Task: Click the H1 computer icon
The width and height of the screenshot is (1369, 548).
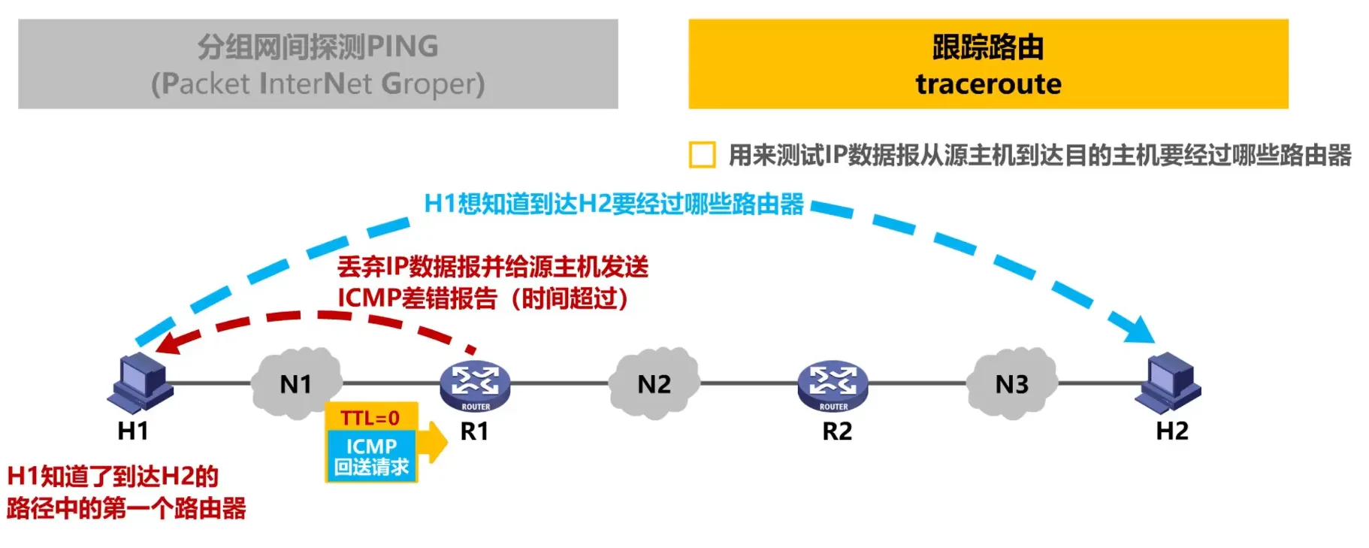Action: [140, 383]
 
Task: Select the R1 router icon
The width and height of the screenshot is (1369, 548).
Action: [475, 386]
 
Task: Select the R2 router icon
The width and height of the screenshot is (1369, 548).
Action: [833, 386]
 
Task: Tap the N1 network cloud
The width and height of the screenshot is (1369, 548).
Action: [296, 383]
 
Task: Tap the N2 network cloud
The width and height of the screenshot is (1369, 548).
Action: [654, 383]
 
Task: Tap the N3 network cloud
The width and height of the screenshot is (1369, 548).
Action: [1011, 383]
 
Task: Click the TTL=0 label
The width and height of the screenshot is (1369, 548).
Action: [370, 418]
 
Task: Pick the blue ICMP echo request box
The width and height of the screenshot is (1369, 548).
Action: [371, 456]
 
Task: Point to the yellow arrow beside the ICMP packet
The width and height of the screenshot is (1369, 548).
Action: [434, 442]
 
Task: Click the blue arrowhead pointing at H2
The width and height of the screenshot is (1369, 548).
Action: [1139, 330]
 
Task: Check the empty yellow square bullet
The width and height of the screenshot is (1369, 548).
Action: [702, 155]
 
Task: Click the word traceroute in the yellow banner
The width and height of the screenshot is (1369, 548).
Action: [988, 83]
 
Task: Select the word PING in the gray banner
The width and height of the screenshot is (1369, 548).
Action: [403, 47]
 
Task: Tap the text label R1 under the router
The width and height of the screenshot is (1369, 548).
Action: [474, 431]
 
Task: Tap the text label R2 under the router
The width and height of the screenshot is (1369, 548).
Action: [837, 431]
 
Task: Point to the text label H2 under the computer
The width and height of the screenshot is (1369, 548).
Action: [1171, 431]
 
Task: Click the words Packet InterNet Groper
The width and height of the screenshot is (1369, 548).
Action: [318, 83]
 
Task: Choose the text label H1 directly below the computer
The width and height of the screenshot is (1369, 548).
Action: [133, 431]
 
